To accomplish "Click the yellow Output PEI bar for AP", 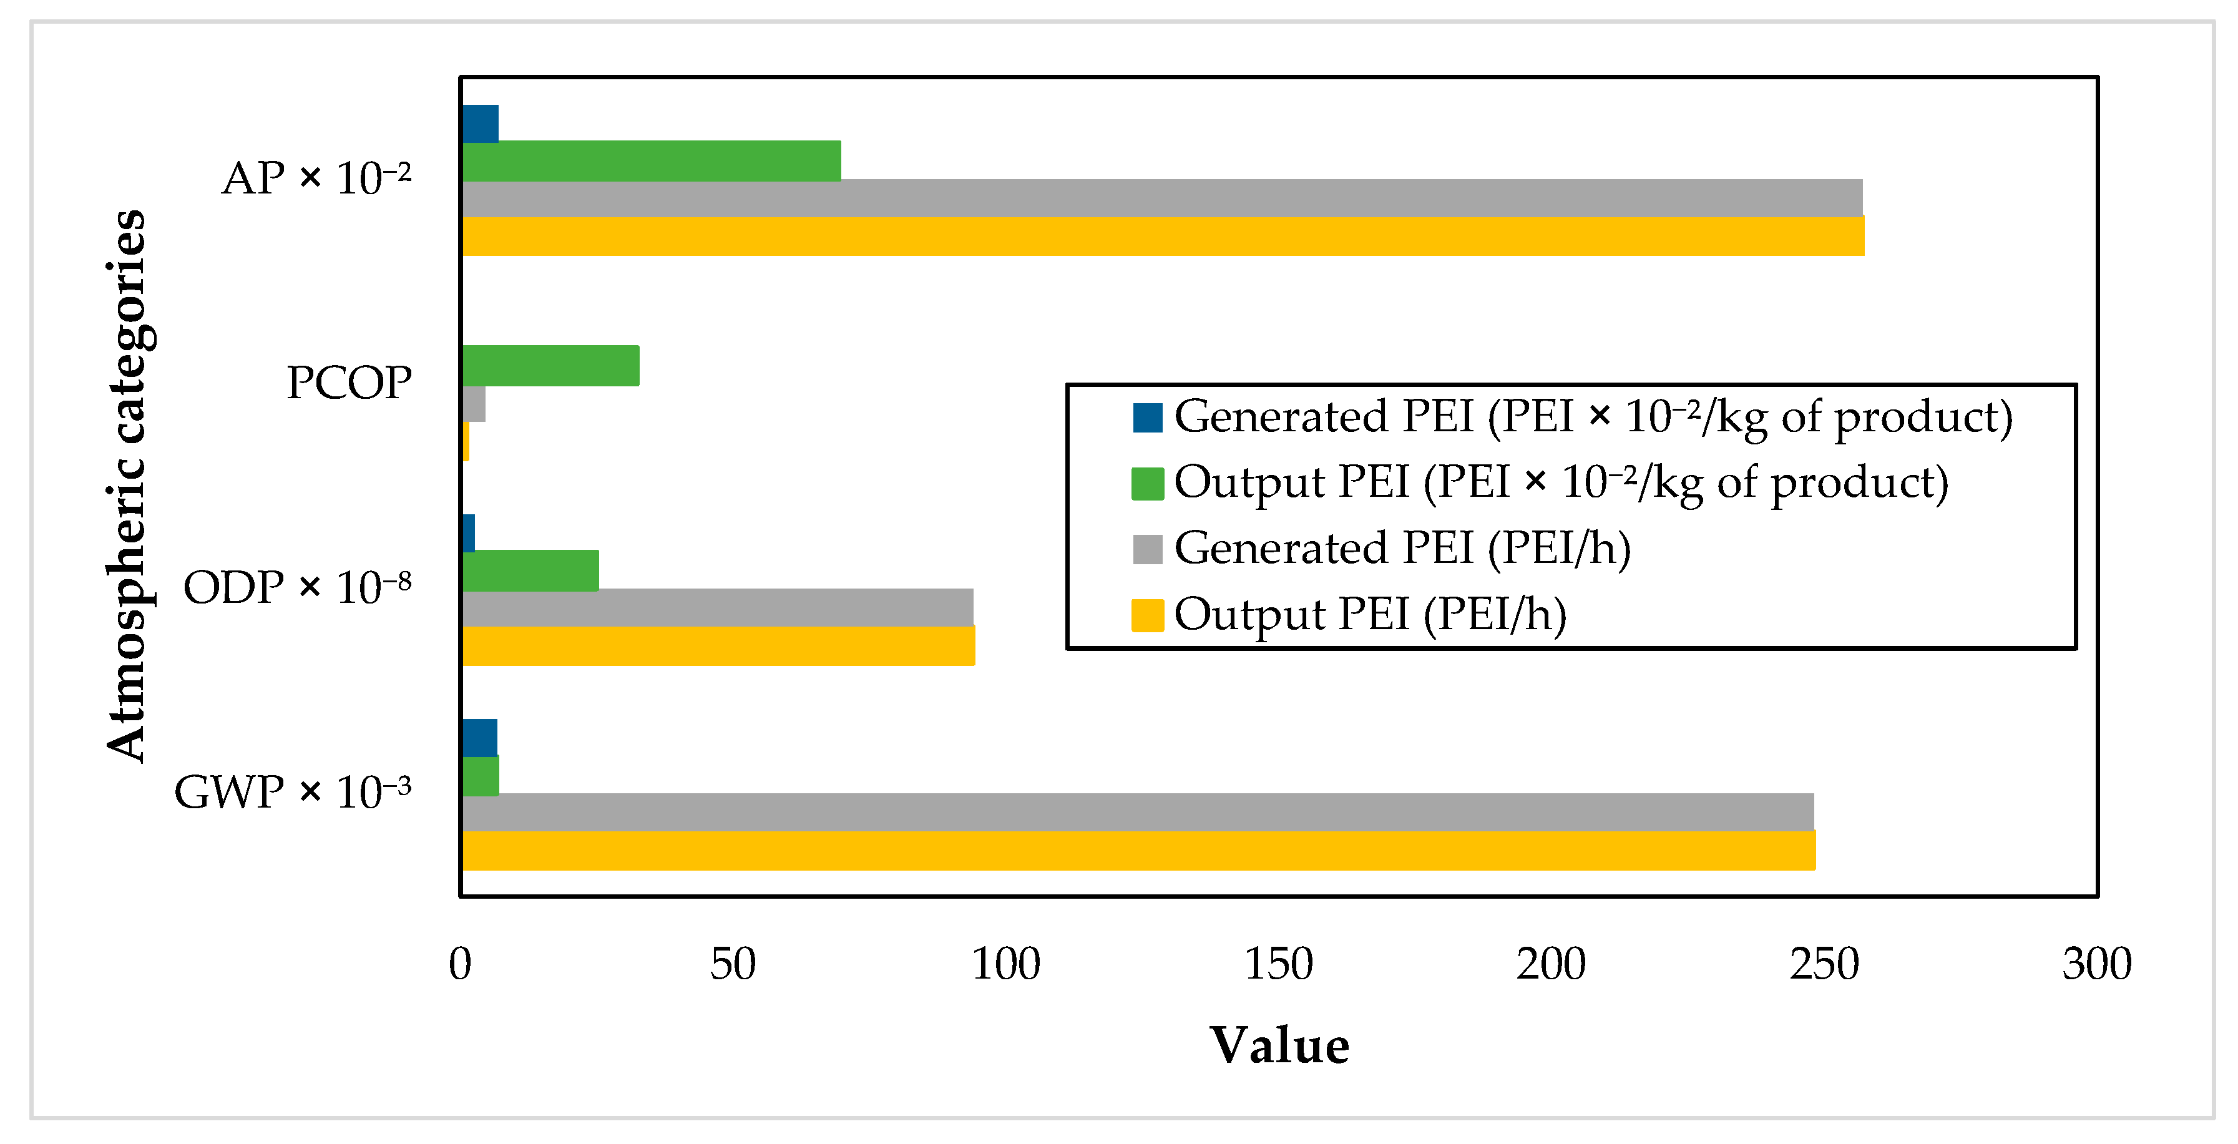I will [x=1163, y=237].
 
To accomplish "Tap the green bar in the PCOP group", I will [x=551, y=366].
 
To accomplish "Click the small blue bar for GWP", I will [x=479, y=738].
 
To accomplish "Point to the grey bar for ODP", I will [x=718, y=608].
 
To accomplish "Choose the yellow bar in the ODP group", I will [x=718, y=646].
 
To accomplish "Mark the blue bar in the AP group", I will [x=481, y=124].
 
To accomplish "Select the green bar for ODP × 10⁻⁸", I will [x=531, y=570].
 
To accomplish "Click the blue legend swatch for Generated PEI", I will [x=1147, y=418].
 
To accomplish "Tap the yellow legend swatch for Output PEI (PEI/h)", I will [x=1147, y=615].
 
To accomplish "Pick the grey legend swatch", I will [x=1147, y=549].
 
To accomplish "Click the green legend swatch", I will [x=1147, y=484].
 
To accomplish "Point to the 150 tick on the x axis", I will [x=1278, y=964].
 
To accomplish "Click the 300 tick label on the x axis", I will [x=2096, y=964].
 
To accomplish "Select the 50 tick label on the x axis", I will [x=733, y=964].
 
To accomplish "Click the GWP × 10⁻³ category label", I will [x=293, y=792].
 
